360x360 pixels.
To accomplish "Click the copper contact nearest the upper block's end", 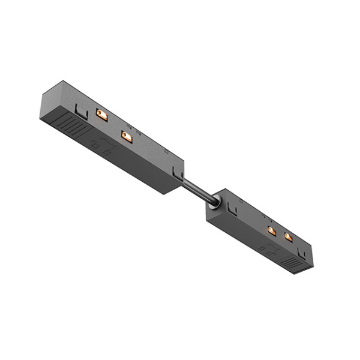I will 102,115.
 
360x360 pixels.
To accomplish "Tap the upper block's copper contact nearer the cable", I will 127,137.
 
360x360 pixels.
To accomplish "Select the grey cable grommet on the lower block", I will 214,204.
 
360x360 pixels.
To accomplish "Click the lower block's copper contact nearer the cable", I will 271,230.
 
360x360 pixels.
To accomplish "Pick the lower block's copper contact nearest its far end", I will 288,238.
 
